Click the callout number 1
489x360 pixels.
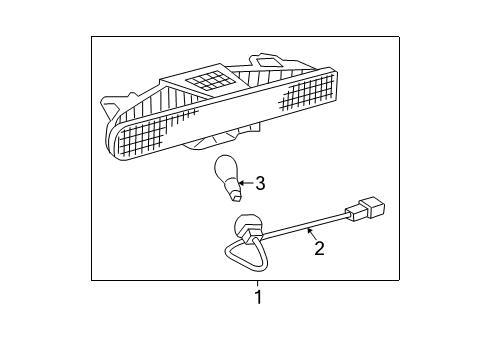point(257,297)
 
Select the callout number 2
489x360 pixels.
point(319,247)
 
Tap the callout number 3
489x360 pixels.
point(260,183)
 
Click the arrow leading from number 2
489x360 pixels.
point(310,235)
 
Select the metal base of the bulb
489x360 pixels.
point(232,186)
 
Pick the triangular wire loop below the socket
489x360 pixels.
point(242,258)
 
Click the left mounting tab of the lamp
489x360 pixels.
point(109,103)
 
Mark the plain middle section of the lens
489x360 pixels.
point(230,115)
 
